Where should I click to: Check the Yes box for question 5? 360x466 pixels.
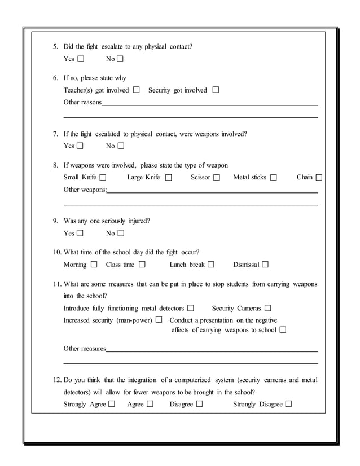click(81, 59)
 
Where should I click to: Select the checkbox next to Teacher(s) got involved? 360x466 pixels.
click(136, 90)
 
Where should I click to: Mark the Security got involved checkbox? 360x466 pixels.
click(216, 90)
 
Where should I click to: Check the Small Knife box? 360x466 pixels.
click(102, 178)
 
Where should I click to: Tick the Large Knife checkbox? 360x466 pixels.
click(168, 178)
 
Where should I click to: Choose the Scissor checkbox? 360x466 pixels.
click(217, 178)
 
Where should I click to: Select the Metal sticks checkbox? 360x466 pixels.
click(274, 178)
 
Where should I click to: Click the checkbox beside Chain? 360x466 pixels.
click(319, 178)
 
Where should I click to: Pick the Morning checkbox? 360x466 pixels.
click(94, 265)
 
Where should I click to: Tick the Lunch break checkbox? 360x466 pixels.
click(211, 265)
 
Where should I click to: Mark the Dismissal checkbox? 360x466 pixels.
click(265, 265)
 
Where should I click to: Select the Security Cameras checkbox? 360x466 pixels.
click(268, 309)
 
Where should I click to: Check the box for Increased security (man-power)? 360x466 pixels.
click(159, 320)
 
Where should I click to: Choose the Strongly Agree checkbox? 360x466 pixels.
click(112, 404)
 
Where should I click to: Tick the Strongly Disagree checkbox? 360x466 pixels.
click(289, 404)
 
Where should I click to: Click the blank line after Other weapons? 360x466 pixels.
click(212, 192)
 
